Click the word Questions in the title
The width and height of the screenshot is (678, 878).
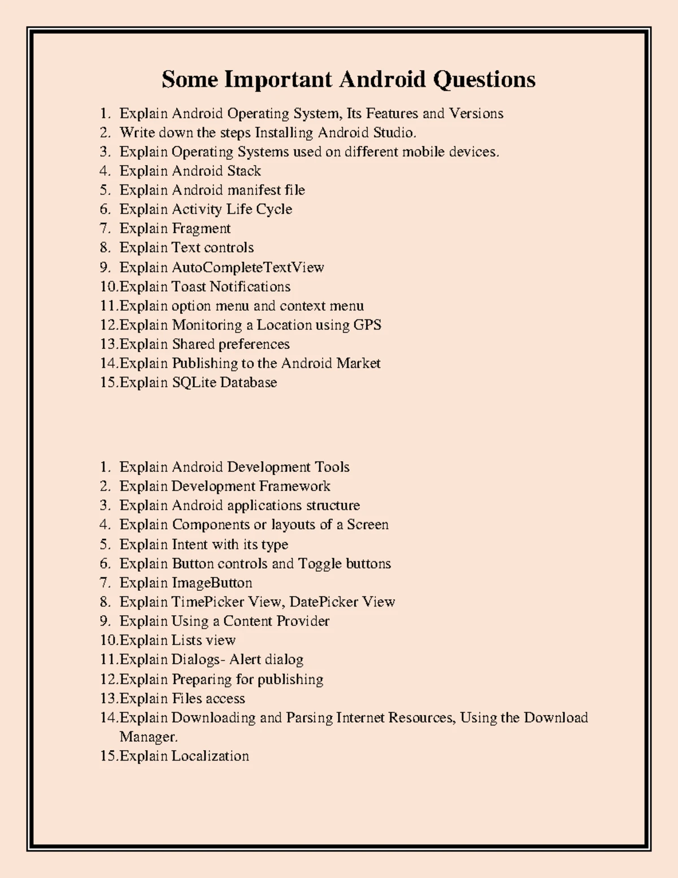(x=484, y=80)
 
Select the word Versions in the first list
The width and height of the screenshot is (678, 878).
(x=476, y=114)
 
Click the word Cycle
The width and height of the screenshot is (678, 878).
(x=274, y=209)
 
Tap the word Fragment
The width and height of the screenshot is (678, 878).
(x=201, y=228)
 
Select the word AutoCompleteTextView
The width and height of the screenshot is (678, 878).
(x=247, y=267)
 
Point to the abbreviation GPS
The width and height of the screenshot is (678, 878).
(x=367, y=325)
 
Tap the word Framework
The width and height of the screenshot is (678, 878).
(x=294, y=486)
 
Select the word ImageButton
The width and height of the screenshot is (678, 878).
(x=212, y=583)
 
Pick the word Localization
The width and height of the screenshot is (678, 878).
(x=210, y=756)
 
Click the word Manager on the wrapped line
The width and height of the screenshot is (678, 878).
(x=148, y=737)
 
